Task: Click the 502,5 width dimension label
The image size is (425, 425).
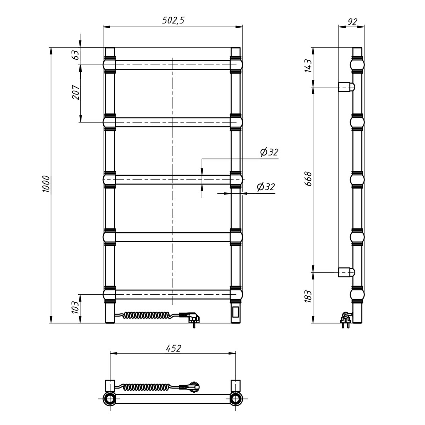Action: [173, 21]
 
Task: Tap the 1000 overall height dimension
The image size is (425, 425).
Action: [46, 184]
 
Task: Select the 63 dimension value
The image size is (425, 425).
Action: [76, 55]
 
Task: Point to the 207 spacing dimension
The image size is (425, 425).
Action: [76, 92]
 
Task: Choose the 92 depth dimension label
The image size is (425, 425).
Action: [352, 22]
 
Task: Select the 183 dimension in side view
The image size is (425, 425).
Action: [308, 296]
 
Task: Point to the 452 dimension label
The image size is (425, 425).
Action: [173, 348]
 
